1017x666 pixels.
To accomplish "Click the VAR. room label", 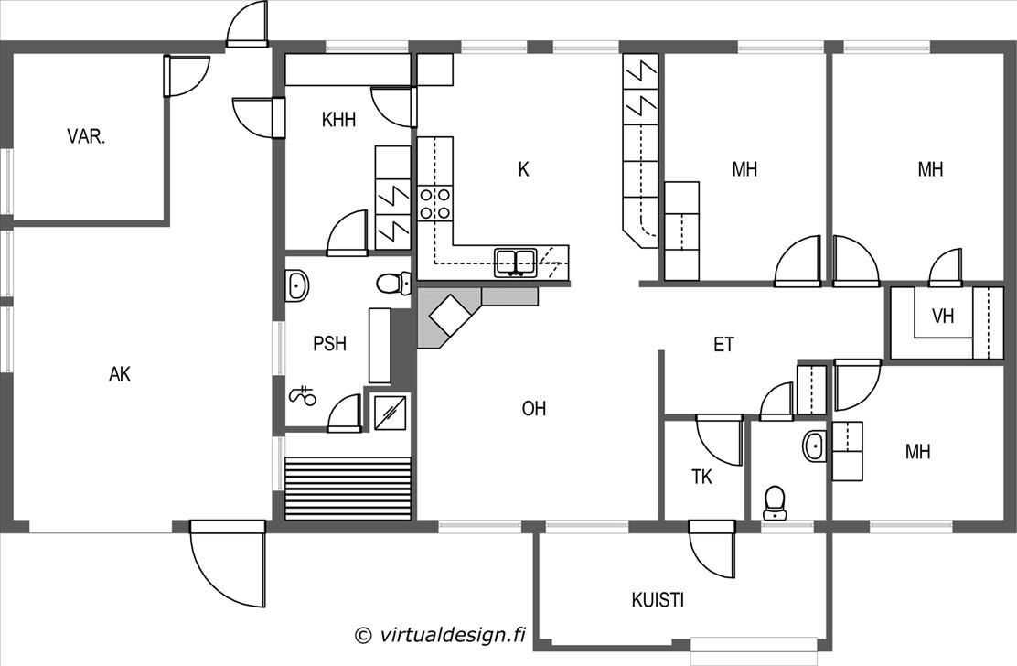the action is [x=86, y=137].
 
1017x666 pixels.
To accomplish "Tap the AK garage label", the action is [x=120, y=373].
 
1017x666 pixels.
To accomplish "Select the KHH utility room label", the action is [x=338, y=119].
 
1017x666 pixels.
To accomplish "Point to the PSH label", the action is [x=329, y=343].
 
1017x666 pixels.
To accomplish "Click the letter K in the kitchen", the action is [x=523, y=169].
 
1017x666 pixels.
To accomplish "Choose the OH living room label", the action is [x=534, y=408].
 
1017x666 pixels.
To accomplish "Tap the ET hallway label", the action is [x=723, y=344].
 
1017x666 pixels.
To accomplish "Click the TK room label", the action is [x=701, y=477].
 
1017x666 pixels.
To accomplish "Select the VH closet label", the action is [x=942, y=316].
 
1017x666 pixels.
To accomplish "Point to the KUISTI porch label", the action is [x=658, y=600].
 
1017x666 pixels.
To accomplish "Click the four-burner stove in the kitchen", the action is [x=435, y=203].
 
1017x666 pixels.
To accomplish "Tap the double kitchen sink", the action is [x=516, y=263].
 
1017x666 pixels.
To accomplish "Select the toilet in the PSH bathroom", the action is [x=393, y=284].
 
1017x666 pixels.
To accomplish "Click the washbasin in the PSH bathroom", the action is [x=297, y=285].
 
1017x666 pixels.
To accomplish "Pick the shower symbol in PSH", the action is [x=302, y=395].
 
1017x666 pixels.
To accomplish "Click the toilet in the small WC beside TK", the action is [x=775, y=502].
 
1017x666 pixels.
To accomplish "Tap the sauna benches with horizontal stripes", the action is [x=348, y=489].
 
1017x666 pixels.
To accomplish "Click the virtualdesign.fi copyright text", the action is [x=440, y=634].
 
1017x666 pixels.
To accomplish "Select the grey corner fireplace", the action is [x=477, y=317].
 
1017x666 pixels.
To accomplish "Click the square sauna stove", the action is [x=390, y=414].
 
